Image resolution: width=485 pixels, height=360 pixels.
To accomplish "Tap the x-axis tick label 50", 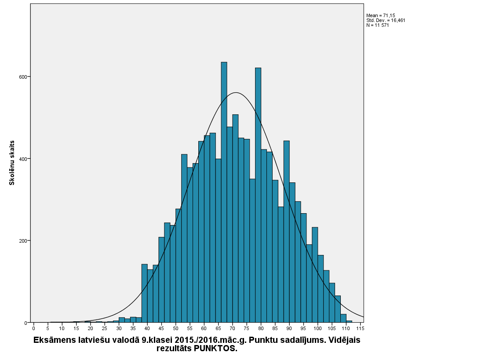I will tap(175, 328).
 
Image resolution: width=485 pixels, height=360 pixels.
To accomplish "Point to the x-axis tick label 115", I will tap(360, 328).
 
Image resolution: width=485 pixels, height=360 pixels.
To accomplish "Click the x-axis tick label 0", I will tap(34, 328).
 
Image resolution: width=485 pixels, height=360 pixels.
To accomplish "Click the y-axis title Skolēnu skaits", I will tap(12, 163).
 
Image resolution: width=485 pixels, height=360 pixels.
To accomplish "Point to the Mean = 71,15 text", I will tap(380, 15).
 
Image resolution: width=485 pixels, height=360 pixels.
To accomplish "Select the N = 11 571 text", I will tap(378, 25).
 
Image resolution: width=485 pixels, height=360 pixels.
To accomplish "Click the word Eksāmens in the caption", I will tap(54, 340).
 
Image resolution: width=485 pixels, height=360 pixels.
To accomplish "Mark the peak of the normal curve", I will tap(236, 93).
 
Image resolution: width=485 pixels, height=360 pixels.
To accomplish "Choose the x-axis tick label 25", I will tap(105, 328).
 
